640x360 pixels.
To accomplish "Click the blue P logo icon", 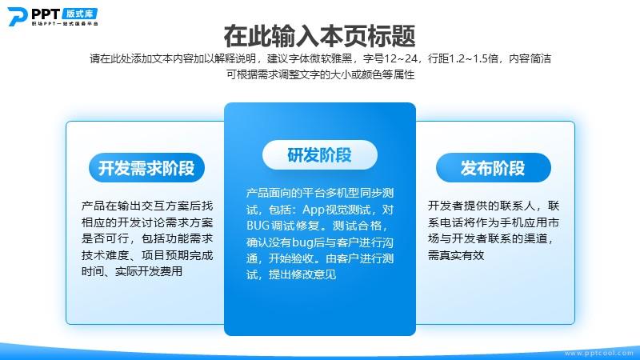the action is pos(17,17).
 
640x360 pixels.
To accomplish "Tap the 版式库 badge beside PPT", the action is pos(80,14).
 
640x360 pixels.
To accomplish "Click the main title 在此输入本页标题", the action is pos(319,36).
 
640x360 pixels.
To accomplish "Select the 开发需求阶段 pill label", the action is pos(146,168).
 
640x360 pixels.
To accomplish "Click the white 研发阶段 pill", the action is pos(319,154).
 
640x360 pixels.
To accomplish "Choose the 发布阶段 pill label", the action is pos(493,168).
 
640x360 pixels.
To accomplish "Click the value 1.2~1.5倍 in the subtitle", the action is pos(474,58).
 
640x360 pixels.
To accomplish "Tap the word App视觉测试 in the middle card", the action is pos(336,210).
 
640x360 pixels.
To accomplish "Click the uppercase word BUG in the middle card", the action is pos(258,226).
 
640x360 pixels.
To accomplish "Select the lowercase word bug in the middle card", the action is pos(303,242).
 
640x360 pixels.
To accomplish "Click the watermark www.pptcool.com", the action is pos(598,353).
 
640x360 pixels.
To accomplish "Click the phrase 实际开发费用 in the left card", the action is pos(149,271).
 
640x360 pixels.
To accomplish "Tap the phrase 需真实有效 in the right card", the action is pos(456,255).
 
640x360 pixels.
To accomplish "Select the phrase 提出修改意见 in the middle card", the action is pos(302,274).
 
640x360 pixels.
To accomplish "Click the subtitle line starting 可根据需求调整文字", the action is pos(321,74).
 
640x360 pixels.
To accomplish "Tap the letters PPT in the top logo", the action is pos(46,14).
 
